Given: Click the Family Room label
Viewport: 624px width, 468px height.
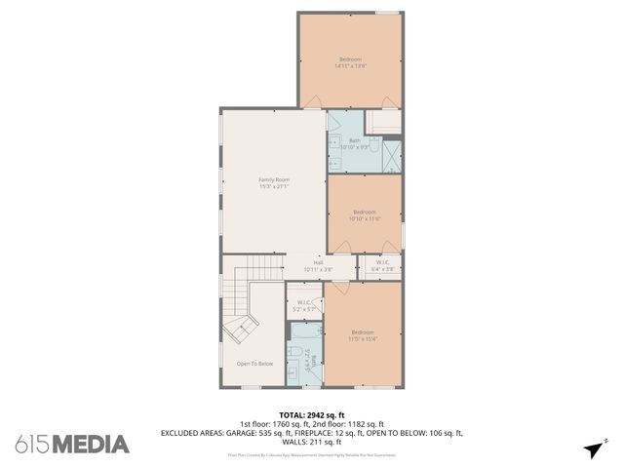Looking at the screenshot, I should pos(274,179).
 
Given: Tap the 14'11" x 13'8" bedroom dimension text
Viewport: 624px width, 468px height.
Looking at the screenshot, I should pos(350,66).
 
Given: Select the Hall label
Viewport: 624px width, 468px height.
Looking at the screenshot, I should pos(318,261).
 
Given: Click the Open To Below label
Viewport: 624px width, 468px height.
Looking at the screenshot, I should pos(254,364).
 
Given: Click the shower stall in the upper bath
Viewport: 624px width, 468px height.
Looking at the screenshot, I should pos(391,156).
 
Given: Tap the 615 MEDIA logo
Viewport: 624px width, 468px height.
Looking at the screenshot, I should pos(72,445).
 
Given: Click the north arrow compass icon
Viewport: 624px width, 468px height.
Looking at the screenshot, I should pos(592,448).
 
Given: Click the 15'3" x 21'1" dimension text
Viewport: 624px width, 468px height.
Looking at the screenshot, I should pos(274,186).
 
